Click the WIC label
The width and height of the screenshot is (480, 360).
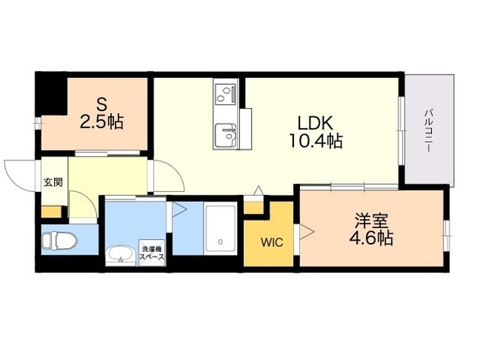click(271, 243)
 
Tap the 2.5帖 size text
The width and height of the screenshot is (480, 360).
click(102, 120)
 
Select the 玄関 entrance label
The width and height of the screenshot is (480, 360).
click(52, 181)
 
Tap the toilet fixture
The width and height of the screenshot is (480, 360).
click(55, 241)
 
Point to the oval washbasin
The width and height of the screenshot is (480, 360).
click(118, 255)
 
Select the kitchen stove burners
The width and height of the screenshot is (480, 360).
click(224, 94)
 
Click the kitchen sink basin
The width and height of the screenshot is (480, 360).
click(224, 136)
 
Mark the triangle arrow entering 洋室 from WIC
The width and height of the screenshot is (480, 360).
click(307, 230)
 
